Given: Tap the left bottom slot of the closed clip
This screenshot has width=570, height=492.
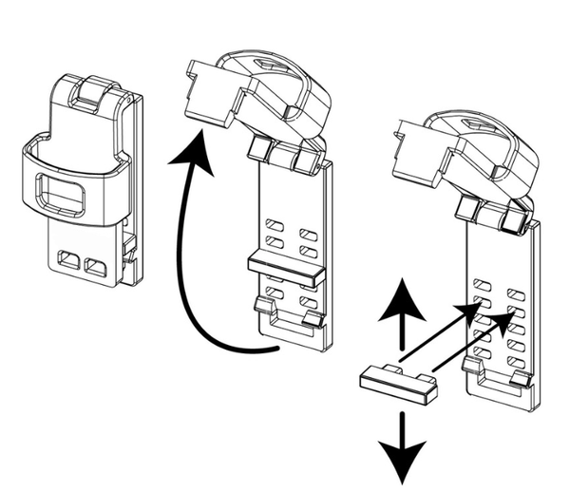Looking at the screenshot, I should (68, 259).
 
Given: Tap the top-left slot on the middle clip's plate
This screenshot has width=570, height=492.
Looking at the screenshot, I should (275, 226).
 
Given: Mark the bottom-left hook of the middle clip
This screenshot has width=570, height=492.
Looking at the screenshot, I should (263, 306).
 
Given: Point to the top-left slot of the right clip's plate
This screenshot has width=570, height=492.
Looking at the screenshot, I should (482, 284).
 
